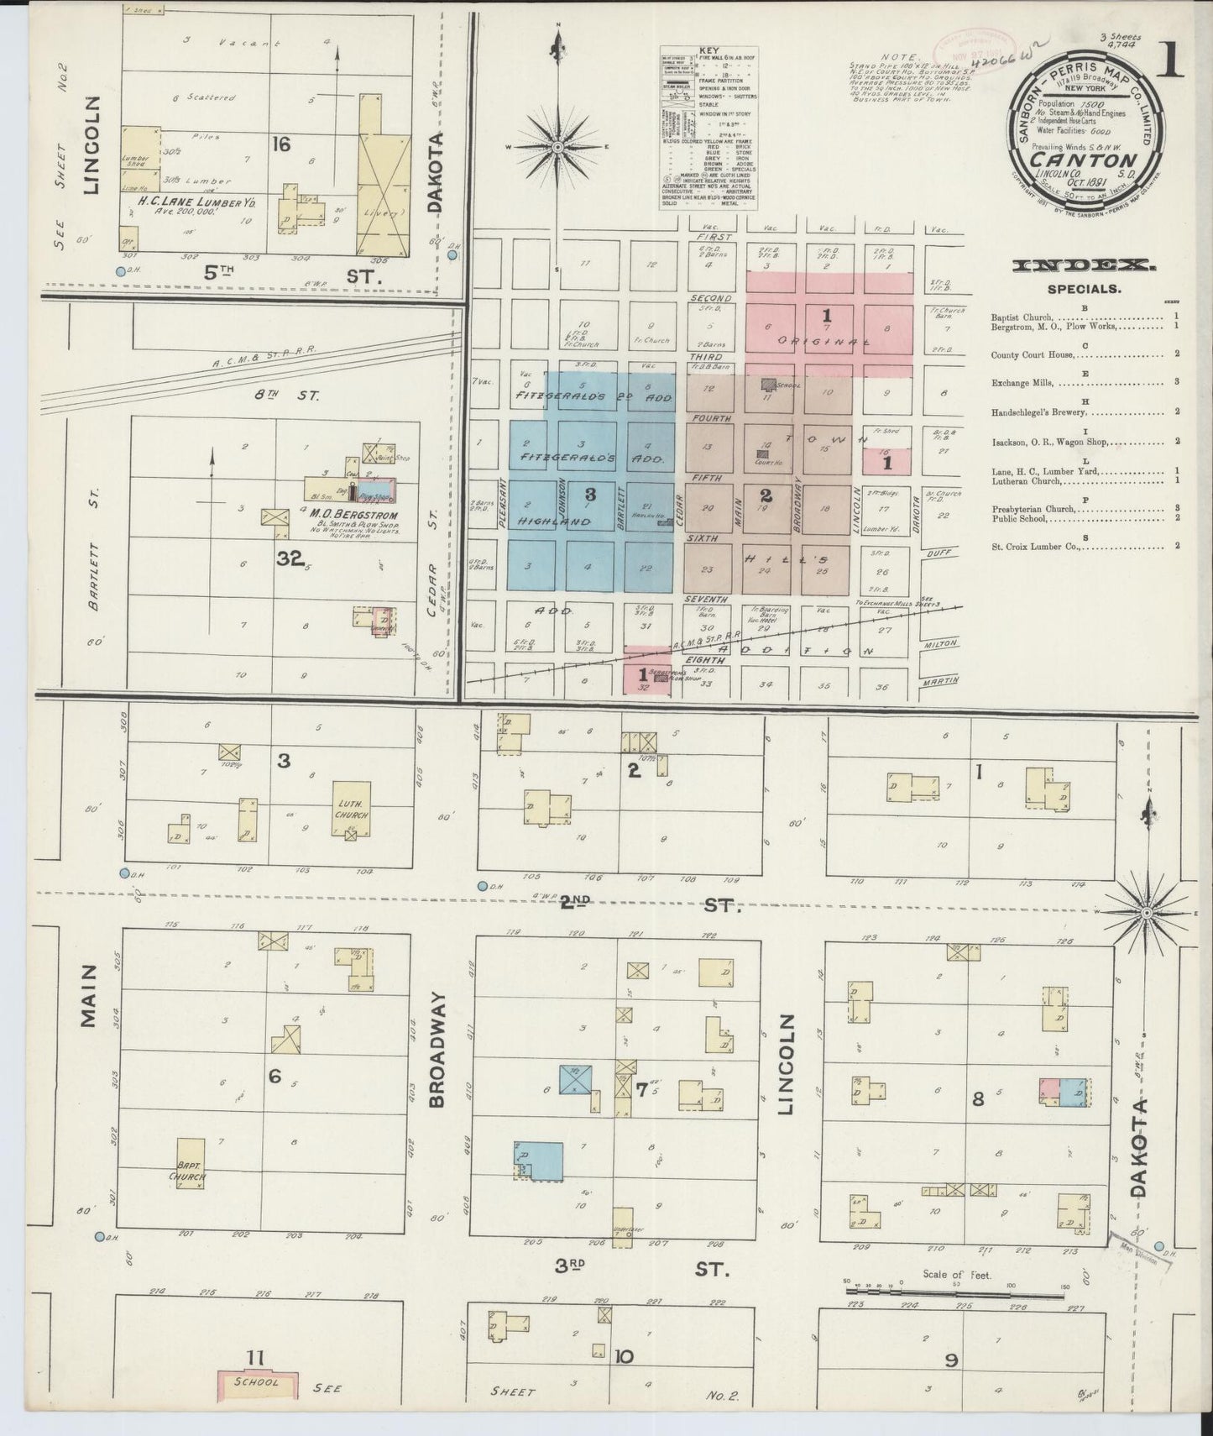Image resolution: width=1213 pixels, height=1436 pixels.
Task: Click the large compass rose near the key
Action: click(557, 148)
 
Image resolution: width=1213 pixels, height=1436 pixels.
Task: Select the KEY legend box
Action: click(709, 128)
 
